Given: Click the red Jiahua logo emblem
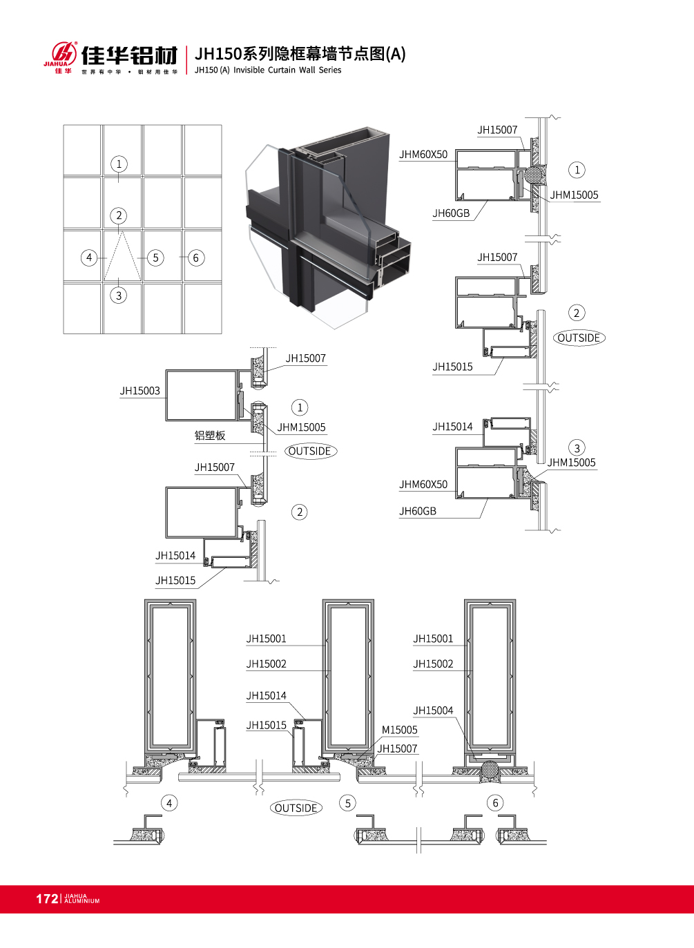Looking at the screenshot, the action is pyautogui.click(x=64, y=54).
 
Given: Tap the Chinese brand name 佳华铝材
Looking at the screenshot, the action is pyautogui.click(x=130, y=55).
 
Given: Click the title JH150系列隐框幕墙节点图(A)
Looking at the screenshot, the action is pyautogui.click(x=300, y=54).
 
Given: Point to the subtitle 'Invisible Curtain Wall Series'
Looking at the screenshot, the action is pyautogui.click(x=287, y=70).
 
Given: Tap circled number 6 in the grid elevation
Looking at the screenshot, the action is pyautogui.click(x=196, y=258).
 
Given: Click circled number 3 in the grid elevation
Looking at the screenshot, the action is pyautogui.click(x=119, y=296).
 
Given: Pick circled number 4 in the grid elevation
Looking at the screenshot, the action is pyautogui.click(x=89, y=258).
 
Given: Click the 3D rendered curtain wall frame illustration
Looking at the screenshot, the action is pyautogui.click(x=329, y=227).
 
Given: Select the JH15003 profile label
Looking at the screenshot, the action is pyautogui.click(x=140, y=391).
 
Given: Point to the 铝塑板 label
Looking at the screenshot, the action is pyautogui.click(x=210, y=436).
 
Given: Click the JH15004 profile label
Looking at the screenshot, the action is pyautogui.click(x=433, y=710).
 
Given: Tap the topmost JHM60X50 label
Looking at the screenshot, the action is pyautogui.click(x=423, y=155).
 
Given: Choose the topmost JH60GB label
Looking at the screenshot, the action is pyautogui.click(x=451, y=213).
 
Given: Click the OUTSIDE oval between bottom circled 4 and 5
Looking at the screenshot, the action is pyautogui.click(x=296, y=808).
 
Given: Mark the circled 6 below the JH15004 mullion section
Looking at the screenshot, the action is pyautogui.click(x=496, y=803).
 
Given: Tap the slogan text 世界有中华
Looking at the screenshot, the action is pyautogui.click(x=102, y=72).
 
